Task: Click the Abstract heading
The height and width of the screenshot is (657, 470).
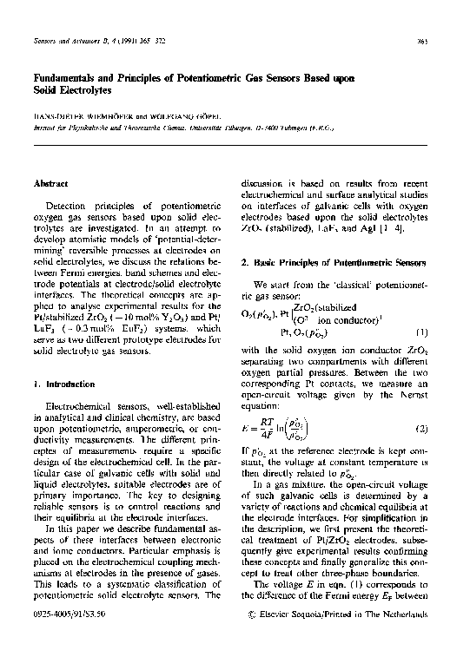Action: coord(50,184)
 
